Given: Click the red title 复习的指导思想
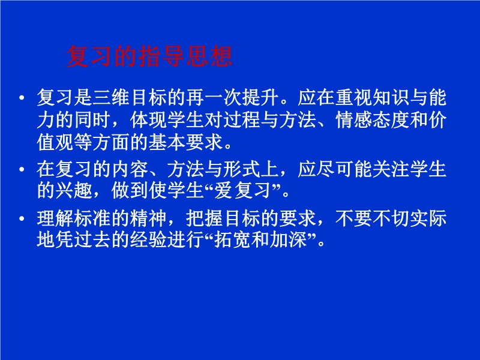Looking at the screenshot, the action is pyautogui.click(x=149, y=56).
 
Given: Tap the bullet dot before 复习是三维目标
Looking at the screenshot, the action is pyautogui.click(x=22, y=98).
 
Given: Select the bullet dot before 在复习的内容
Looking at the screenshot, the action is pyautogui.click(x=22, y=169).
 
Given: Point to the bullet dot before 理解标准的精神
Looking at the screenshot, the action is pyautogui.click(x=22, y=218).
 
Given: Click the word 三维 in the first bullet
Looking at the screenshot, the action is pyautogui.click(x=112, y=98).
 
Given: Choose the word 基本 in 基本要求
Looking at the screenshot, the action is pyautogui.click(x=167, y=142).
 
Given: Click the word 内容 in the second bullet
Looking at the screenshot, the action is pyautogui.click(x=130, y=169).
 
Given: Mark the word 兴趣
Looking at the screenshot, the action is pyautogui.click(x=74, y=191).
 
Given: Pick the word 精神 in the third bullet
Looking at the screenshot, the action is pyautogui.click(x=149, y=218).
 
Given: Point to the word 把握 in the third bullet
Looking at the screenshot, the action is pyautogui.click(x=205, y=218).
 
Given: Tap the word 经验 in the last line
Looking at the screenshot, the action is pyautogui.click(x=149, y=239).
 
